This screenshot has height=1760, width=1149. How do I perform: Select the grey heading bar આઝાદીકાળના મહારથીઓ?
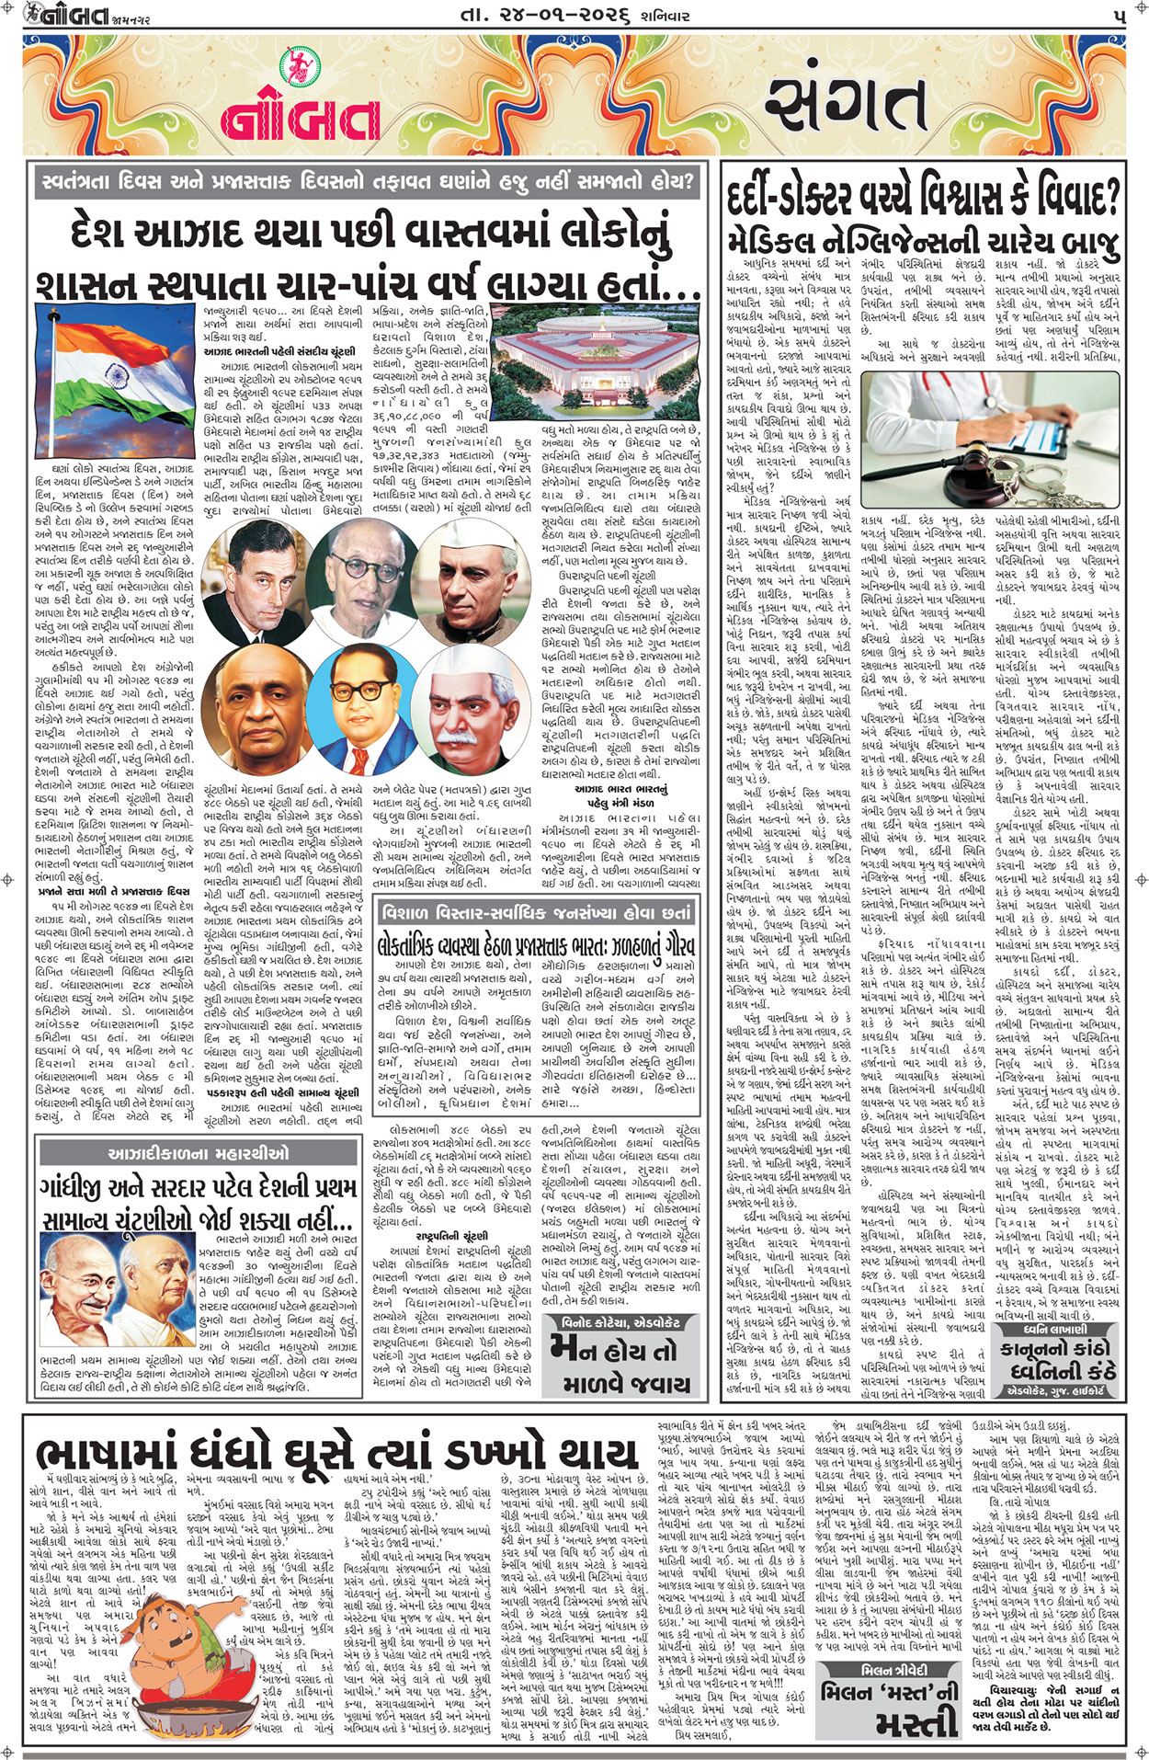point(199,1153)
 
